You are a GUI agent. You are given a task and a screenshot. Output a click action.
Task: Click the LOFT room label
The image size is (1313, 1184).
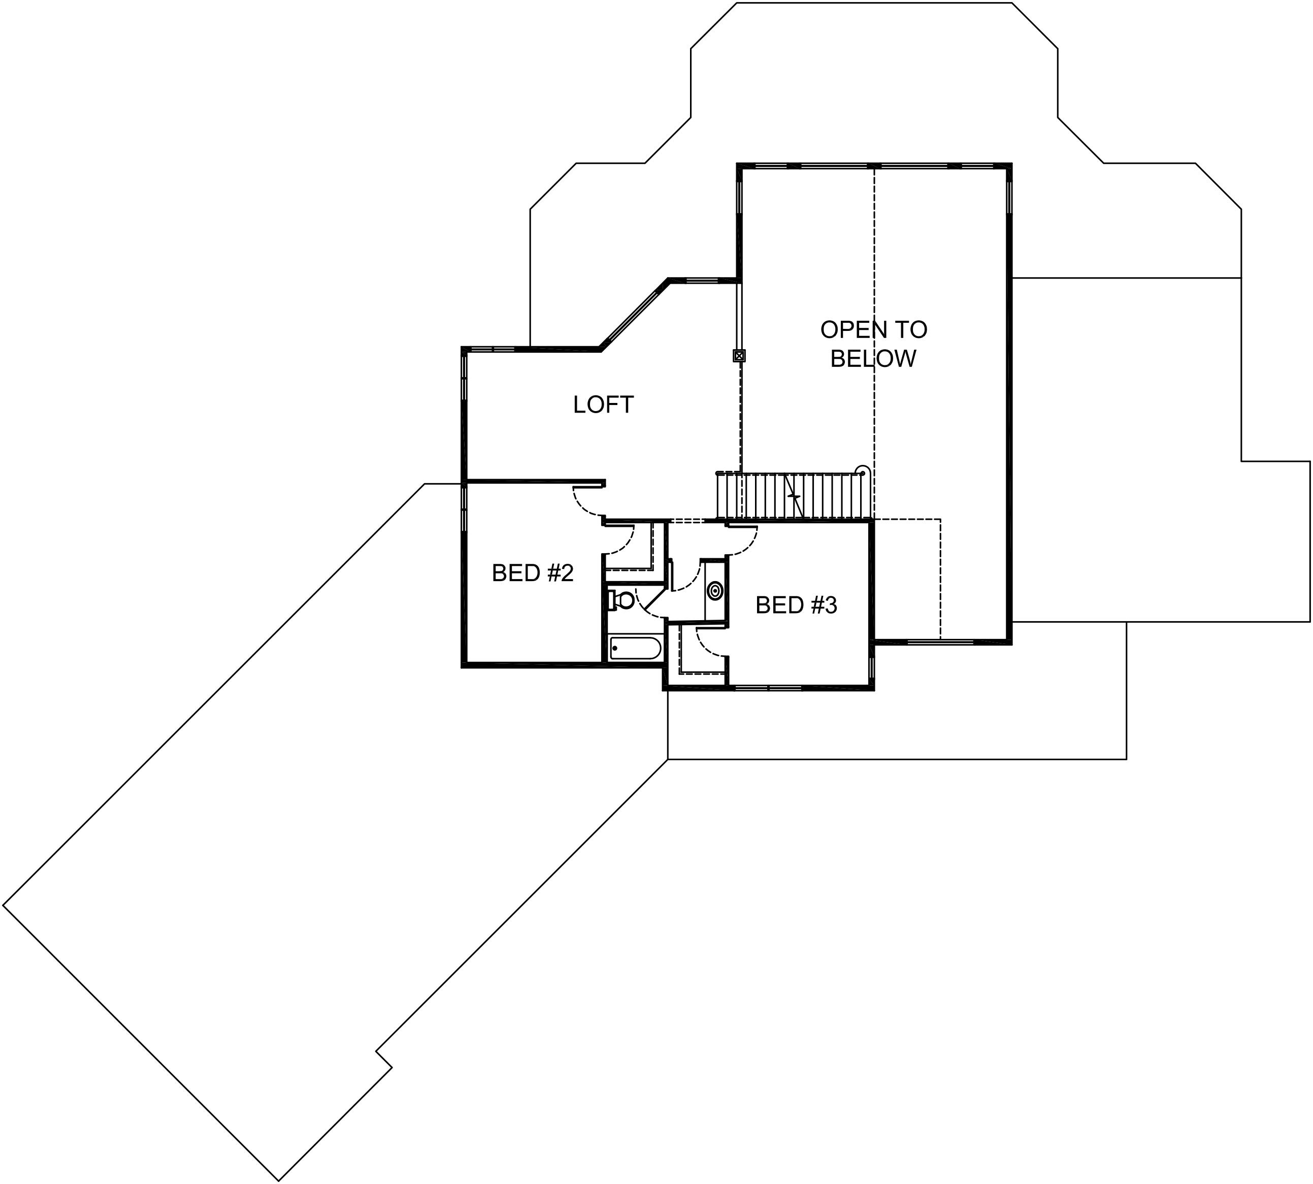pos(603,404)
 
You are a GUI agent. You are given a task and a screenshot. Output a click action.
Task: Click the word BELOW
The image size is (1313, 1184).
pos(872,358)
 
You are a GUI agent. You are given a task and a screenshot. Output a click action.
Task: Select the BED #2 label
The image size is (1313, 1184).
pos(533,573)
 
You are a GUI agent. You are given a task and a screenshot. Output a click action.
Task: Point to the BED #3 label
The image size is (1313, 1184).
pos(796,605)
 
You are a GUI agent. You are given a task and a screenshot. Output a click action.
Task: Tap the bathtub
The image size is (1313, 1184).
pos(635,649)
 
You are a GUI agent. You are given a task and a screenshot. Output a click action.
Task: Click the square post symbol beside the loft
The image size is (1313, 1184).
pos(739,356)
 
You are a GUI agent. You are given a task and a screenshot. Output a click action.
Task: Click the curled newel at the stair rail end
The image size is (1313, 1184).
pos(862,470)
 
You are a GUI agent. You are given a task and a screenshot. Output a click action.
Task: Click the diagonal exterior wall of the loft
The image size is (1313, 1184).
pos(635,315)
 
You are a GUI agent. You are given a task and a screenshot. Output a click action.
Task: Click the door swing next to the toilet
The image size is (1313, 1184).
pos(648,602)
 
